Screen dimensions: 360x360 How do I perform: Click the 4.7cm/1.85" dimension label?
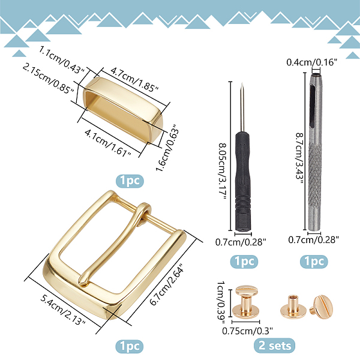pyautogui.click(x=134, y=79)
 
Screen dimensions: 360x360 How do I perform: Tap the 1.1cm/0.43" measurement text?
pyautogui.click(x=62, y=59)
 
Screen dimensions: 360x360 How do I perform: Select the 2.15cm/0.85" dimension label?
pyautogui.click(x=48, y=79)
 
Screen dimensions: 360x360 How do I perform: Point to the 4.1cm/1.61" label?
pyautogui.click(x=108, y=143)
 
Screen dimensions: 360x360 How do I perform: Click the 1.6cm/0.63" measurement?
pyautogui.click(x=167, y=148)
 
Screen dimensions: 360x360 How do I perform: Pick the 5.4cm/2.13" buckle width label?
pyautogui.click(x=62, y=310)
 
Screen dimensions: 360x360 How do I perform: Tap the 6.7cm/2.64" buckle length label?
pyautogui.click(x=167, y=284)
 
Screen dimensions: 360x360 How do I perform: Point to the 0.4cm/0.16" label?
pyautogui.click(x=312, y=62)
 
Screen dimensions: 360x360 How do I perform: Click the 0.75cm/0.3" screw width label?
pyautogui.click(x=247, y=331)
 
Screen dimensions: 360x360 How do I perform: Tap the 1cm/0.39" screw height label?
pyautogui.click(x=220, y=303)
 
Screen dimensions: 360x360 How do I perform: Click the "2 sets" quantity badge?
pyautogui.click(x=274, y=346)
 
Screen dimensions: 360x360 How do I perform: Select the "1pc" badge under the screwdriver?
pyautogui.click(x=244, y=261)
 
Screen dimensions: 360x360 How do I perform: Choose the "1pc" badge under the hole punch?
pyautogui.click(x=314, y=261)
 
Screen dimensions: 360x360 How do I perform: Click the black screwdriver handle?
pyautogui.click(x=242, y=181)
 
